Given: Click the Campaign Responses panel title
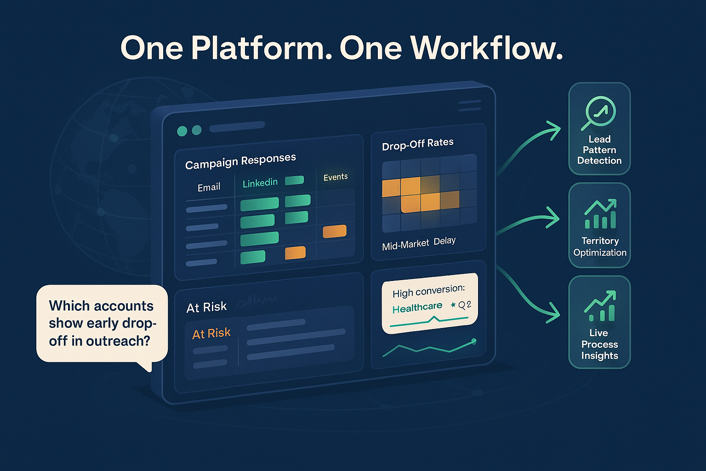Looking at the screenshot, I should click(x=240, y=161).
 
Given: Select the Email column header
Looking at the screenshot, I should click(x=209, y=187).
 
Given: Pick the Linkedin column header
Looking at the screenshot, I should click(x=260, y=183).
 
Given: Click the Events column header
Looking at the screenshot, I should click(x=336, y=177).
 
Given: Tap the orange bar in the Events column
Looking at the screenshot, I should click(x=335, y=231).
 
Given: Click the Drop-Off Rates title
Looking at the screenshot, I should click(x=417, y=144).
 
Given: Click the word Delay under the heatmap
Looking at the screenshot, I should click(x=444, y=241).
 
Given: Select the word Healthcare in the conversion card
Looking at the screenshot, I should click(x=417, y=307).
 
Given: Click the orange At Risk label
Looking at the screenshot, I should click(x=211, y=333).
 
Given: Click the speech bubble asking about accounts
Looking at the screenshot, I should click(x=102, y=323).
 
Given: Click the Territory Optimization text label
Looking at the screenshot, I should click(x=600, y=247).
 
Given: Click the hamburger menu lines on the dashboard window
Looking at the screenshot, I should click(x=470, y=106).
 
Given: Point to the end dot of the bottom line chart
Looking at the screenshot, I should click(x=474, y=341).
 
